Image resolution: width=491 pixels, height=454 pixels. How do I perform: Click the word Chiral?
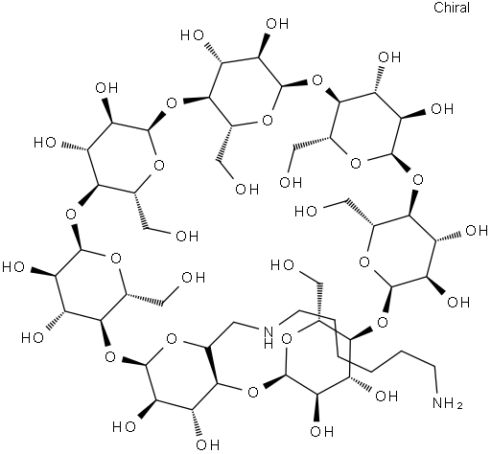point(452,8)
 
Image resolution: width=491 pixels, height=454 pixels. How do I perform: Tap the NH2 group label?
point(448,403)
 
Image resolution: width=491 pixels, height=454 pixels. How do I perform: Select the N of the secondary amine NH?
point(269,332)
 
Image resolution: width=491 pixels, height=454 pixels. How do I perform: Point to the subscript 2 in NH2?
point(459,406)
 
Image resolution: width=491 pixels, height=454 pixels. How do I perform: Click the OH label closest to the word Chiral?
point(389,57)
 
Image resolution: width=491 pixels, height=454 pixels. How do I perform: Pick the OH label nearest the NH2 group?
point(386,397)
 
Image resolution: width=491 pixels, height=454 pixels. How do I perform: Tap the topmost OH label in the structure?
point(277,24)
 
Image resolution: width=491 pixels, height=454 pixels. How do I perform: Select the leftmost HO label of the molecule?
point(13,267)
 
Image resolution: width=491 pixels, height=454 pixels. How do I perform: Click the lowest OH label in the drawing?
point(208,444)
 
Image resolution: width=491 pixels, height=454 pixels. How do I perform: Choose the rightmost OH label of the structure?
point(477,231)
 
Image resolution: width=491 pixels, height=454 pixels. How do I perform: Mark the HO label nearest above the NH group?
point(281,265)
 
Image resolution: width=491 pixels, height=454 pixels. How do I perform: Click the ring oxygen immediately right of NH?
point(288,339)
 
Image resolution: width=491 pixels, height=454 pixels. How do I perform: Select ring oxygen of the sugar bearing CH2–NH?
point(172,339)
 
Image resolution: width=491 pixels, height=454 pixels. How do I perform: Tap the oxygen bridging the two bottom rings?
point(253,392)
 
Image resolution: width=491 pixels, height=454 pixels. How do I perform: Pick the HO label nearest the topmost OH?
point(192,35)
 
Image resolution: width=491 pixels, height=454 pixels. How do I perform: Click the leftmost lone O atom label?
point(71,214)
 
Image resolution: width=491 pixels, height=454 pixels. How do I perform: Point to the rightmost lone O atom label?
point(417,180)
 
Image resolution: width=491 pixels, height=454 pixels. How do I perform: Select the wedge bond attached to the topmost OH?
point(264,45)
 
